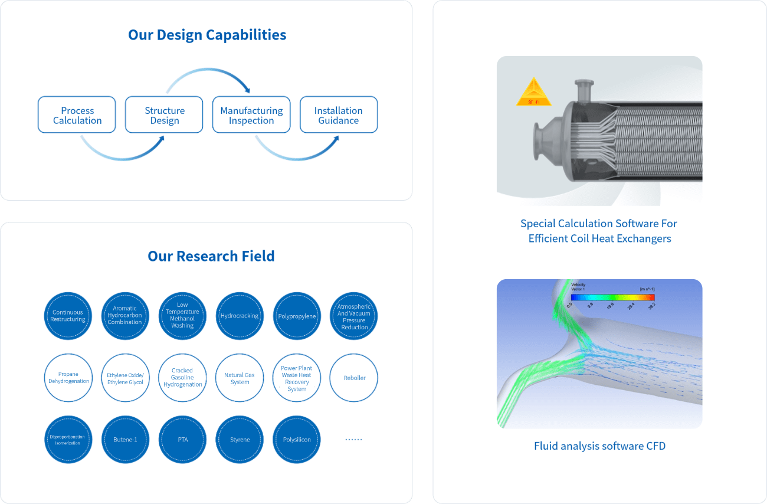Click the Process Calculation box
click(x=77, y=115)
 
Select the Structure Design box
click(x=165, y=115)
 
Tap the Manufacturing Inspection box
click(x=251, y=115)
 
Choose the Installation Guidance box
click(x=339, y=115)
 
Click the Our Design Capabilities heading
click(x=207, y=35)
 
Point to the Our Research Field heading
click(x=211, y=256)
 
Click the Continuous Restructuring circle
click(x=68, y=316)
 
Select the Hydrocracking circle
click(x=240, y=316)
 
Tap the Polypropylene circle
click(x=297, y=316)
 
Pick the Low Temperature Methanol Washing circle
click(x=182, y=316)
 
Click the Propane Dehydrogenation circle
click(x=68, y=378)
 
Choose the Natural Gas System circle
click(x=240, y=378)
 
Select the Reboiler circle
click(x=354, y=378)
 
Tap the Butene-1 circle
click(x=125, y=440)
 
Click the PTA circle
click(x=182, y=440)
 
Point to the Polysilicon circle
click(x=297, y=440)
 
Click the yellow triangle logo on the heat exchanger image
click(x=533, y=93)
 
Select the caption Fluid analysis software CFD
click(x=599, y=446)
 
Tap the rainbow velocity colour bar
click(x=612, y=297)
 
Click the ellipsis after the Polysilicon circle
click(x=353, y=440)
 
